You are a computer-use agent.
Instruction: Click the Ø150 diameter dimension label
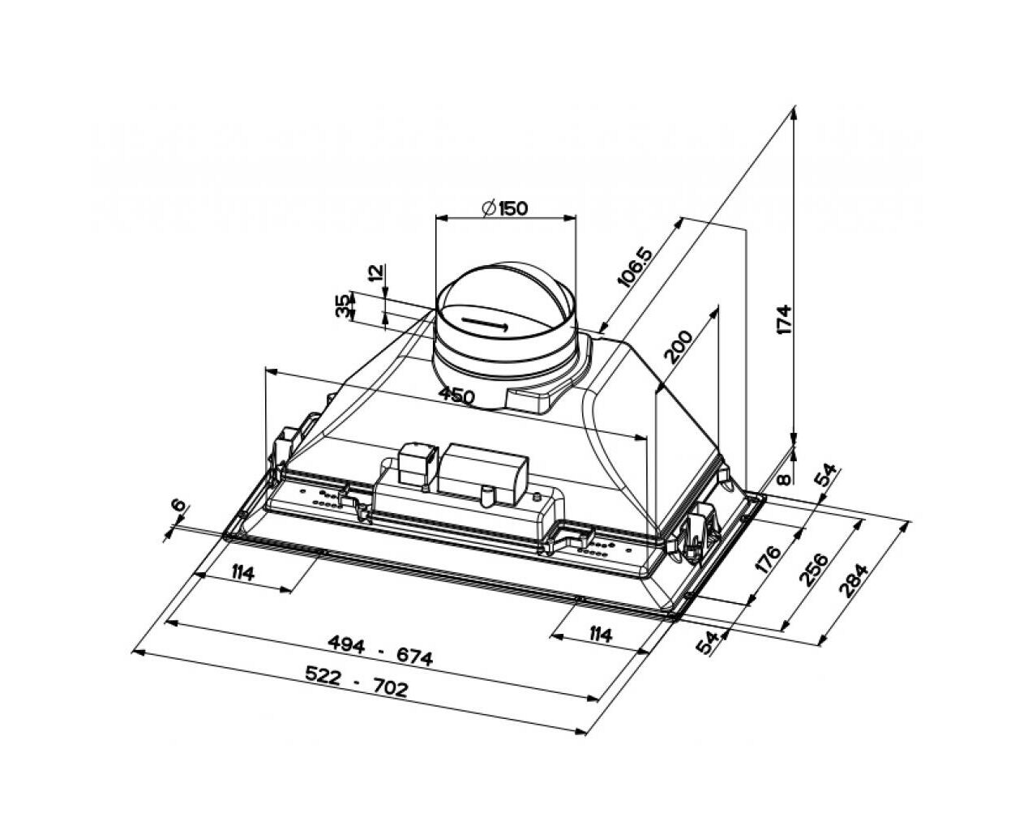pyautogui.click(x=504, y=208)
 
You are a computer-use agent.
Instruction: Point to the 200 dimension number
pyautogui.click(x=678, y=346)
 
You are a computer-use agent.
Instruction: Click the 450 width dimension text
pyautogui.click(x=456, y=396)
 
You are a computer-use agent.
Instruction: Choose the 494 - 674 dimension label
pyautogui.click(x=379, y=650)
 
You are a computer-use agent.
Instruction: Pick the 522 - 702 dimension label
pyautogui.click(x=356, y=682)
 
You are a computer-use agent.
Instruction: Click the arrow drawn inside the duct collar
pyautogui.click(x=484, y=324)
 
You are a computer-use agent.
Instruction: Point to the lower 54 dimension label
pyautogui.click(x=708, y=642)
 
